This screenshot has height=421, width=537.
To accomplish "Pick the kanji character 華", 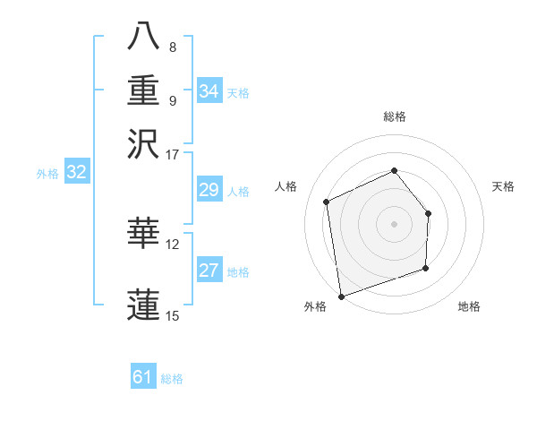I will point(144,233).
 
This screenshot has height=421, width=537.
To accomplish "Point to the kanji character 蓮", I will point(144,303).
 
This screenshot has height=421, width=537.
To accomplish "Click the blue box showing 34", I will point(209,91).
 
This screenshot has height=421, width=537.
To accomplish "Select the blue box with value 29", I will point(209,190).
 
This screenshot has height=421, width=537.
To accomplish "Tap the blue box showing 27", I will point(209,271).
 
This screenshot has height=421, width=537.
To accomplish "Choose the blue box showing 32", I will point(76,173).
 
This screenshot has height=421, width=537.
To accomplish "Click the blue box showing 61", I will point(142,377).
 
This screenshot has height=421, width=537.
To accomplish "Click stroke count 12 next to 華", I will point(173,243).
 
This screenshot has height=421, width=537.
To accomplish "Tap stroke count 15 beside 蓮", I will point(173,314).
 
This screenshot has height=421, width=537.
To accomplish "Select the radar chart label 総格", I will point(394,116).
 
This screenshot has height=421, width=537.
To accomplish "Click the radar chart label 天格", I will point(503,186).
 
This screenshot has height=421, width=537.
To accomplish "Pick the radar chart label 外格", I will point(315,306).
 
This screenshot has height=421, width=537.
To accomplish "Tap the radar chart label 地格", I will point(469,306).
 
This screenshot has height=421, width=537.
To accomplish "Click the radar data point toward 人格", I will point(327,202).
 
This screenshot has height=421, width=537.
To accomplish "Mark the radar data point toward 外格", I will point(340,296).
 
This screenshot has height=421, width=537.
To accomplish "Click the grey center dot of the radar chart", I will point(394,223).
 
